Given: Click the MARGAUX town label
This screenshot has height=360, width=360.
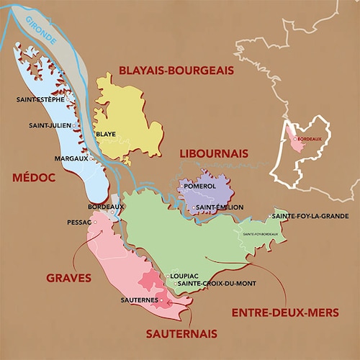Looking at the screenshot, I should pyautogui.click(x=71, y=158).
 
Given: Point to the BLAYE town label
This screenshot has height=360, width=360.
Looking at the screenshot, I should pyautogui.click(x=106, y=134).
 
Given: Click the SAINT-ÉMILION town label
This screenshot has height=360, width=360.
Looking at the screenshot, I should pyautogui.click(x=219, y=207).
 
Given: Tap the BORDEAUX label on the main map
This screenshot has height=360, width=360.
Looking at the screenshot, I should pyautogui.click(x=100, y=207).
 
